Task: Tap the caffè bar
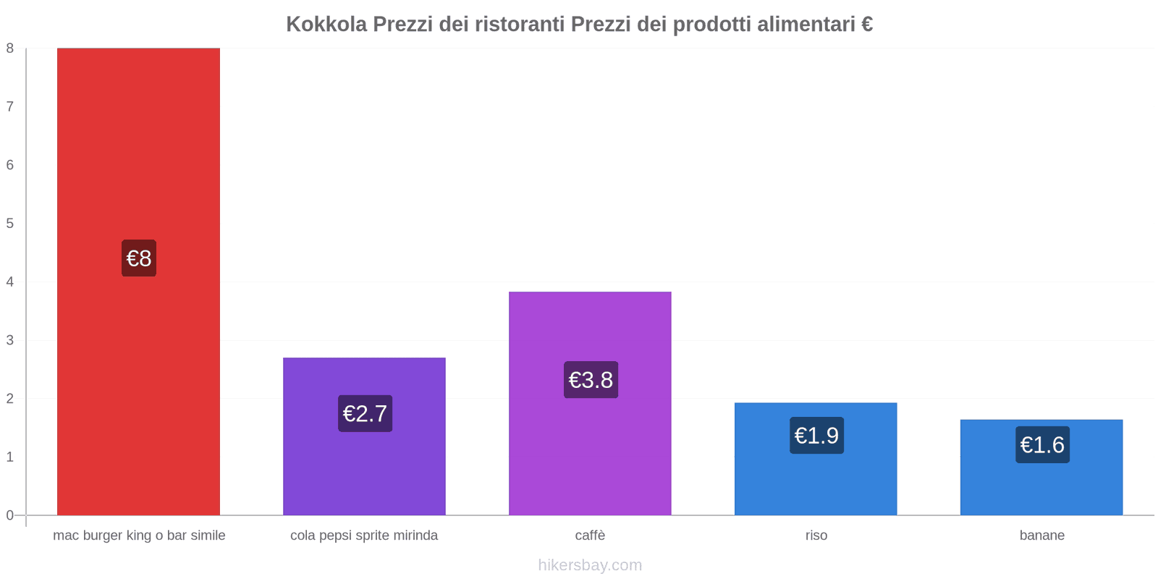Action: (590, 449)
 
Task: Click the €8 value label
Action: (139, 258)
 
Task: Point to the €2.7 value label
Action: (365, 414)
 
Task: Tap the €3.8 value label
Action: (591, 380)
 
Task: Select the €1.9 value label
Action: (816, 436)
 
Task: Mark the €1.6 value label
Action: (1042, 445)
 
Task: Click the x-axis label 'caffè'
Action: (590, 536)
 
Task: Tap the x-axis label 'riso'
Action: (816, 536)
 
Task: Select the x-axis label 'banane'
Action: (1041, 536)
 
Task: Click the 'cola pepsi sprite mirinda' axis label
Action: (364, 536)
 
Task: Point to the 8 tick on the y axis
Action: (10, 48)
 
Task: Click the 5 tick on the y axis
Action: (10, 224)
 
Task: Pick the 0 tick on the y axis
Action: (10, 515)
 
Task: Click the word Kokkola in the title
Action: (326, 25)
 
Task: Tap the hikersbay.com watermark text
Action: (590, 565)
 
